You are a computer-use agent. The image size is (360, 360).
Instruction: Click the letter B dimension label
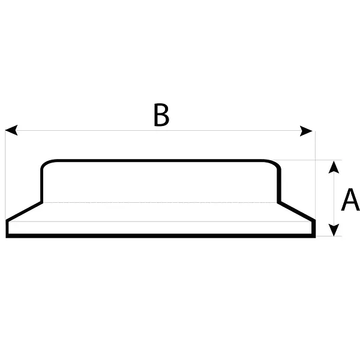click(161, 115)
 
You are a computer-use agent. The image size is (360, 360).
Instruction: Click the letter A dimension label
click(350, 200)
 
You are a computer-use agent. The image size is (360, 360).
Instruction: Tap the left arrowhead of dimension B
click(11, 130)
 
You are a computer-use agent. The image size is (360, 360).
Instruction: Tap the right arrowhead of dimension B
click(306, 131)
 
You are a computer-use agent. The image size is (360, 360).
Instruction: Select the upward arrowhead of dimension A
click(334, 167)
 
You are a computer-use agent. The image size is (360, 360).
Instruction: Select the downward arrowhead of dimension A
click(334, 230)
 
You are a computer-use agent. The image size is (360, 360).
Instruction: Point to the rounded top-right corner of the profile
click(274, 163)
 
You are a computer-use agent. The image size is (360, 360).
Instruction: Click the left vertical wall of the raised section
click(41, 186)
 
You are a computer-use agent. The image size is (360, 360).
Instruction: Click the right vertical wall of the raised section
click(279, 186)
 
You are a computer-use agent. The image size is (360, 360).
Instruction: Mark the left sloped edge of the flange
click(24, 211)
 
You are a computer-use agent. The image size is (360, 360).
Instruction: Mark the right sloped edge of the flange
click(296, 211)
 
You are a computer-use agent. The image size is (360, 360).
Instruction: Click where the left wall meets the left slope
click(42, 202)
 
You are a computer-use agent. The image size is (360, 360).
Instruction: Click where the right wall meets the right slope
click(279, 202)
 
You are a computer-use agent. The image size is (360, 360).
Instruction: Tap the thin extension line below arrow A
click(329, 236)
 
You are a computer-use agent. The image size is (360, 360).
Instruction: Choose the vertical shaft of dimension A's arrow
click(334, 199)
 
